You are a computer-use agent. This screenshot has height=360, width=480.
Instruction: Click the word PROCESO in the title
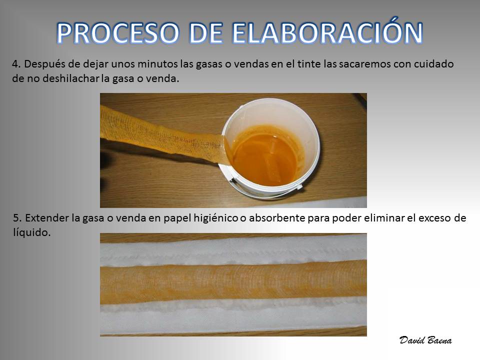tap(118, 33)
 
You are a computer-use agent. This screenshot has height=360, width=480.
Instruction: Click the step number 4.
tap(16, 64)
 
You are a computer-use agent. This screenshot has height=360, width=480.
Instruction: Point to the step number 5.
tap(17, 218)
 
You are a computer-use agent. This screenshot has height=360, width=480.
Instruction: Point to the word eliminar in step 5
tap(379, 218)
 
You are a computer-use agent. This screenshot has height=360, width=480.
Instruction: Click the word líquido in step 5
tap(31, 233)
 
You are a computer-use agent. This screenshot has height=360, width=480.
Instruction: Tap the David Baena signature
tap(425, 340)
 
